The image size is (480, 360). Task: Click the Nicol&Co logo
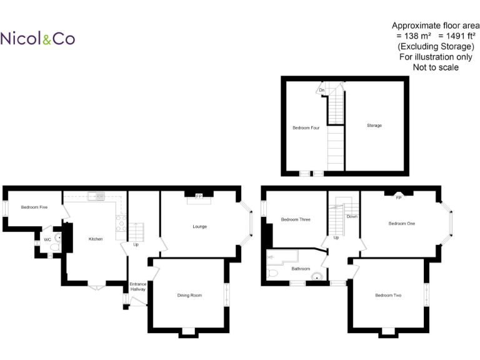(37, 39)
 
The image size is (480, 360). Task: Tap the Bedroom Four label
(306, 128)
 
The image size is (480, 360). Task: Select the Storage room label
(374, 126)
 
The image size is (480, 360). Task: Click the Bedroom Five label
(34, 207)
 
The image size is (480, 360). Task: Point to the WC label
(47, 239)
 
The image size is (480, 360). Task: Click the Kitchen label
(95, 239)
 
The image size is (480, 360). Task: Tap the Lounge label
(199, 226)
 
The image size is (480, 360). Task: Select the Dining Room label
(189, 295)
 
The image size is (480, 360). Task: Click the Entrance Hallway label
(137, 287)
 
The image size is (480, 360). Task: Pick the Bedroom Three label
(295, 219)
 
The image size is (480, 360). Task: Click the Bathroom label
(301, 269)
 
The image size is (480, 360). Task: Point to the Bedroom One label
(401, 223)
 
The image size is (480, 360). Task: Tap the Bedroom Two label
(388, 295)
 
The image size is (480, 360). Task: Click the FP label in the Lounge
(199, 197)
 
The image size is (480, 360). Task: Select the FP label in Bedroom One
(398, 197)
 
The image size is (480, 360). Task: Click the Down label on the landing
(352, 217)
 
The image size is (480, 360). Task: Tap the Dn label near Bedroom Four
(322, 91)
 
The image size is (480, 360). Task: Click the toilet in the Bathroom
(272, 274)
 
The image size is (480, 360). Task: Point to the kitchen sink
(97, 196)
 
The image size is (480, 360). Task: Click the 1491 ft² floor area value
(454, 36)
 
